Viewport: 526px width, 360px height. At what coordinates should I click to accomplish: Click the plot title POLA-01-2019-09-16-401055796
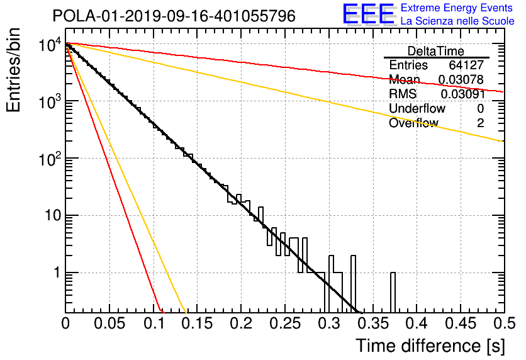point(174,16)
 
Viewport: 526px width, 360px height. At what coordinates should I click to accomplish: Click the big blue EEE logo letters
point(369,14)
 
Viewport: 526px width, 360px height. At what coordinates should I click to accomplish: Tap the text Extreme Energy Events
point(457,8)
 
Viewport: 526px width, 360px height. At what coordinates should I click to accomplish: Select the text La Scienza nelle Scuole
point(457,21)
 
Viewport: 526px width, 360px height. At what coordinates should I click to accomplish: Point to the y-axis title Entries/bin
point(13,70)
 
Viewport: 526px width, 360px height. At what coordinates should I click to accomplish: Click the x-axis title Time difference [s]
point(430,346)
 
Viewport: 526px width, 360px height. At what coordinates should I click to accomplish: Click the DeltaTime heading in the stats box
point(436,51)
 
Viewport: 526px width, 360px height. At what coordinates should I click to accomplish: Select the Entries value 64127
point(466,65)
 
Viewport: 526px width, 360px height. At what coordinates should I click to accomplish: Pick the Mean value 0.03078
point(461,79)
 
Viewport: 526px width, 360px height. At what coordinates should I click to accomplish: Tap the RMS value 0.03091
point(462,94)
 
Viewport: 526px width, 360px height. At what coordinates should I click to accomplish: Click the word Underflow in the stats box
point(417,108)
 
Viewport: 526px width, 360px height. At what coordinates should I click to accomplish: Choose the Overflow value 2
point(480,123)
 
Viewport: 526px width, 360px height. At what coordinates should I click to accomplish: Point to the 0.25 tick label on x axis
point(285,323)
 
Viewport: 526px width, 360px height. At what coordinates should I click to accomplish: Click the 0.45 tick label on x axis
point(461,323)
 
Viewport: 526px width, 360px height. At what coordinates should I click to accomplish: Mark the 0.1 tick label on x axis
point(154,323)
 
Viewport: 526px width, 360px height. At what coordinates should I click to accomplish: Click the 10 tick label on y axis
point(53,215)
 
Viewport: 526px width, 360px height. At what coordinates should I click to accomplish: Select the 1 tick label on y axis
point(57,273)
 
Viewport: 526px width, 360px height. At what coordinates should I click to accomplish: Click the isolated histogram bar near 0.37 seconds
point(393,292)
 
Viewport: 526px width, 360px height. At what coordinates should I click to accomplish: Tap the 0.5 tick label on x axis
point(505,323)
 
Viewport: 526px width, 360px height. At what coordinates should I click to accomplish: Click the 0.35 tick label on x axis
point(373,323)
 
